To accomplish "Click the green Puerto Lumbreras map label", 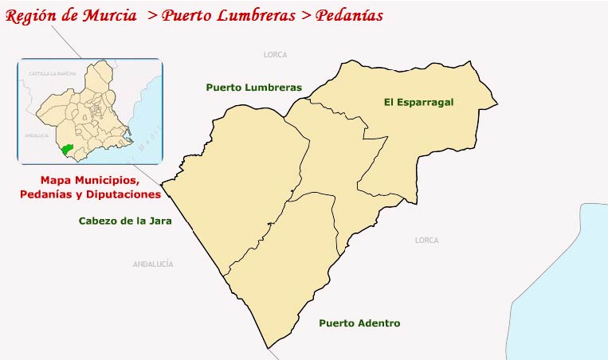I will click(x=253, y=87).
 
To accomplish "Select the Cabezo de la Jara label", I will click(x=126, y=221).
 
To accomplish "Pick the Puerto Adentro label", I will click(x=359, y=323).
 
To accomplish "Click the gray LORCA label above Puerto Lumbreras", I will click(x=275, y=55).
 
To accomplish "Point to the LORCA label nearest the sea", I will click(x=427, y=240).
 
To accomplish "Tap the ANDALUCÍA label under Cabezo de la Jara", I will click(x=153, y=264).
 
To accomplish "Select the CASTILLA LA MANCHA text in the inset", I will click(x=52, y=73).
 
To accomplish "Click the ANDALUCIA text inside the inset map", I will click(x=37, y=136).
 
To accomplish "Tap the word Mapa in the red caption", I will click(x=56, y=180).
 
